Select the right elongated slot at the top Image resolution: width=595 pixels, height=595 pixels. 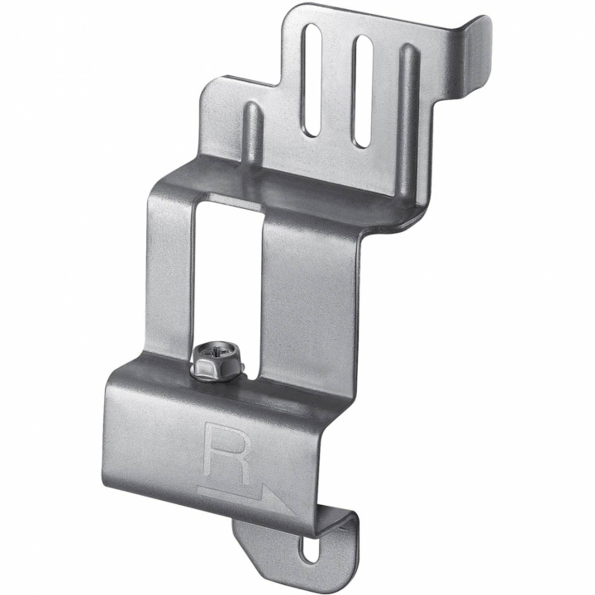(362, 92)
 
